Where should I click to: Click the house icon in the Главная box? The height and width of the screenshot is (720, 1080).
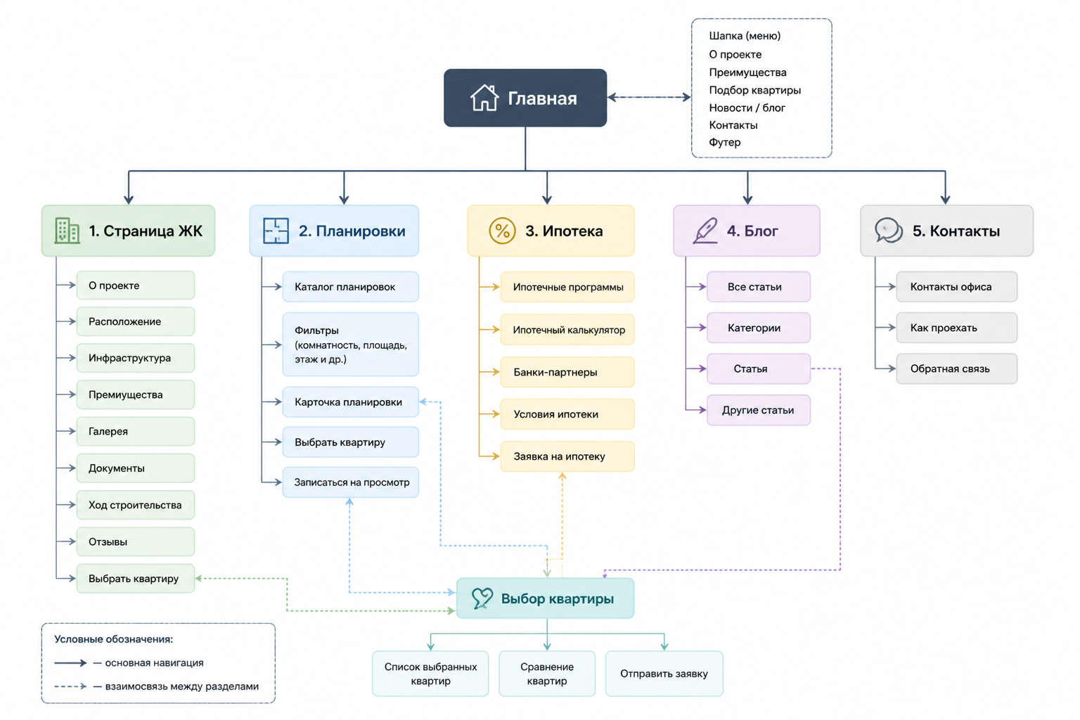coord(484,98)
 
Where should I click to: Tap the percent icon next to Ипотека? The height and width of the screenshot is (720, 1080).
coord(502,231)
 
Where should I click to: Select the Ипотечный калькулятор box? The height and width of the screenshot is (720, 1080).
coord(567,330)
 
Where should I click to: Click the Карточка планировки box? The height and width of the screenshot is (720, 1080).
coord(351,401)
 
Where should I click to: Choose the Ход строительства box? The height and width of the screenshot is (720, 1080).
coord(136,505)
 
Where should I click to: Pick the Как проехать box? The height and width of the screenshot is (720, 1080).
coord(956,328)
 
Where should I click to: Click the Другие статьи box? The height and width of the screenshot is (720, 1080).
coord(759,410)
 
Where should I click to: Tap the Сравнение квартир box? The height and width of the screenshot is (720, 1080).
coord(547,674)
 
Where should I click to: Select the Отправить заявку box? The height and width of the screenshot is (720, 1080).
coord(664,674)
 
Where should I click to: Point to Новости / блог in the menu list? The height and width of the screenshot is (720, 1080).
coord(747,108)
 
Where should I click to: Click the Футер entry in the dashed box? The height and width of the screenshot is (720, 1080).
coord(725,142)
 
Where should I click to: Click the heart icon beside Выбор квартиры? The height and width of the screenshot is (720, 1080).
coord(482,598)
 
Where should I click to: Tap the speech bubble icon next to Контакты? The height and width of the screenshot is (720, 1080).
coord(889,231)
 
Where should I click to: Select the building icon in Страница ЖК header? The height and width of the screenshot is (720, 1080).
coord(67,231)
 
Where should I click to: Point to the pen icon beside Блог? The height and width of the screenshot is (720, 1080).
coord(705,231)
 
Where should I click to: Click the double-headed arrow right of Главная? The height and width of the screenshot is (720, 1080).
coord(649,98)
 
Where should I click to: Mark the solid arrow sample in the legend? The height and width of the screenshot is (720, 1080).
coord(70,663)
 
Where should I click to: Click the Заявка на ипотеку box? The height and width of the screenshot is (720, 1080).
coord(567,456)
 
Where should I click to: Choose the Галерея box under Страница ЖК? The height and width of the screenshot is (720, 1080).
coord(136,431)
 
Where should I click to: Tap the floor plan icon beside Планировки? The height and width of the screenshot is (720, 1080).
coord(276,231)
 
